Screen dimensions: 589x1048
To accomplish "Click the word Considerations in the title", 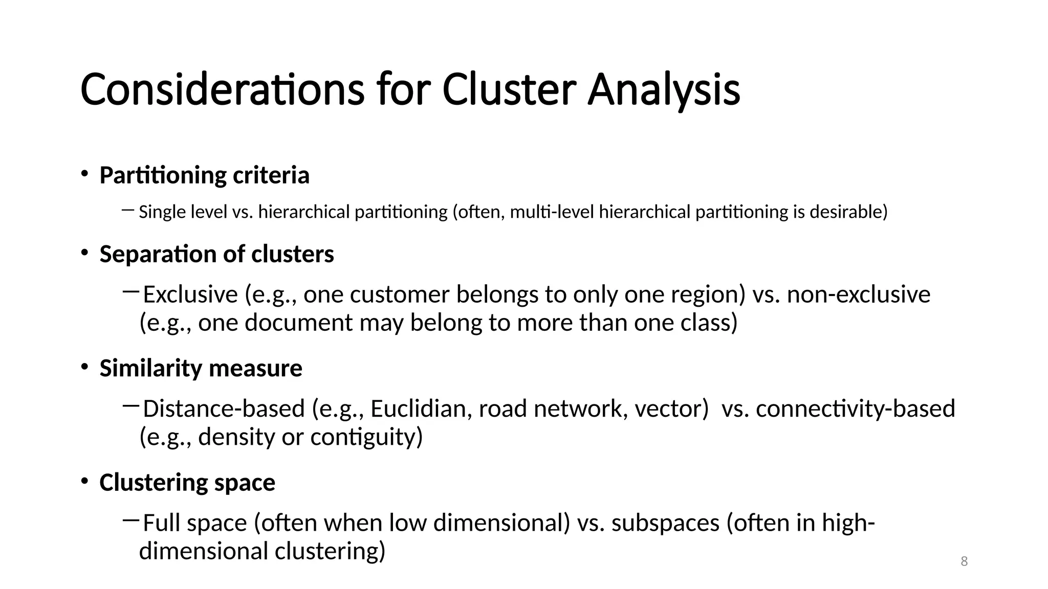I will click(x=222, y=90).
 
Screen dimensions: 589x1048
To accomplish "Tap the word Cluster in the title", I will click(x=509, y=90).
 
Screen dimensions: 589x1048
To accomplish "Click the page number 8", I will click(x=964, y=561).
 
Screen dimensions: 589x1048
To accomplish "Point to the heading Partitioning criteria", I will click(x=204, y=175).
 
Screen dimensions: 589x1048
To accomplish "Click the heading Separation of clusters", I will click(x=216, y=254).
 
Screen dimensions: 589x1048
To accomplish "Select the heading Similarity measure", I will click(x=201, y=368).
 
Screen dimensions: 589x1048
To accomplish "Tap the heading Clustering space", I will click(x=187, y=483).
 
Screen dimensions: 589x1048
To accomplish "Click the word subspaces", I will click(x=665, y=523).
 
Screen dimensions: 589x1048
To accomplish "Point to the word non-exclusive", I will click(x=858, y=295).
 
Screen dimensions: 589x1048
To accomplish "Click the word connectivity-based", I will click(x=855, y=409).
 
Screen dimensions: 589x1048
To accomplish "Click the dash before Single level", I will click(x=128, y=209).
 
